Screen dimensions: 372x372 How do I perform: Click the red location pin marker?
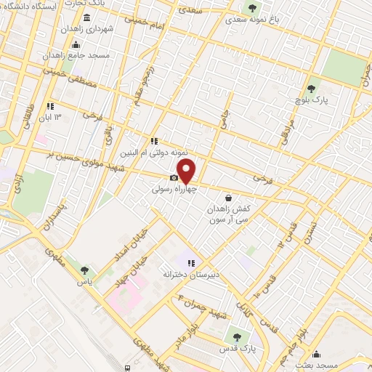pos(187,171)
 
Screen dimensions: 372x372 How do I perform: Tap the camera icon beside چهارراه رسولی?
pos(174,178)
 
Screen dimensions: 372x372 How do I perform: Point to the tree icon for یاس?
pos(86,270)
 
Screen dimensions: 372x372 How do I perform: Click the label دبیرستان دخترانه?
pos(187,274)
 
